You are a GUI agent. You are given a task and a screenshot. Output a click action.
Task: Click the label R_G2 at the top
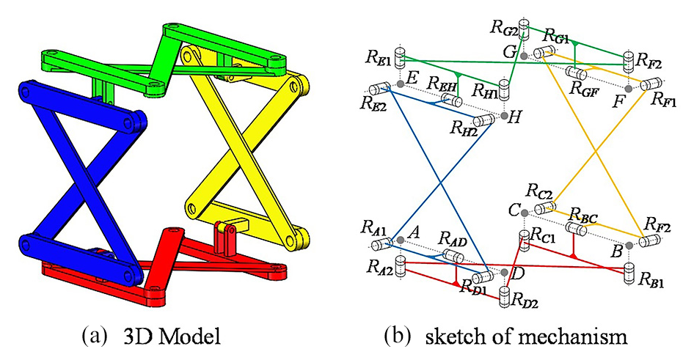point(503,27)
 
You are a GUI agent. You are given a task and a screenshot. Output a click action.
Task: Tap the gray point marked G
point(523,56)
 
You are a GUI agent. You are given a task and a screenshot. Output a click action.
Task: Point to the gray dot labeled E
point(400,85)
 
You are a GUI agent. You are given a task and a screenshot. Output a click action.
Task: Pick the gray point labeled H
point(505,116)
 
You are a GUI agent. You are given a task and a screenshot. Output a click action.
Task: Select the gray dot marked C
point(523,213)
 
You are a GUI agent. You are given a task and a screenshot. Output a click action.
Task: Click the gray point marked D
point(505,271)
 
